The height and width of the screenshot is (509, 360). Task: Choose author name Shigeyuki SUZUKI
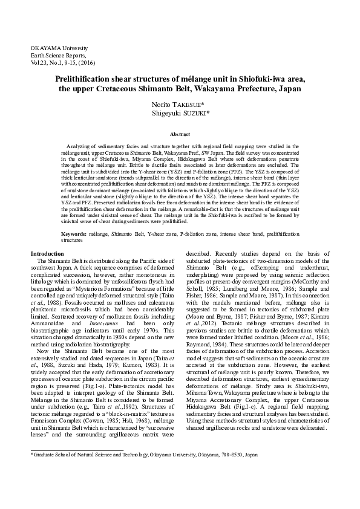tap(180, 112)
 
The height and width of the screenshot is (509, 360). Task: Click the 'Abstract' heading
tap(180, 134)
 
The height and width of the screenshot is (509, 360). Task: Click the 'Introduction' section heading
tap(48, 254)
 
